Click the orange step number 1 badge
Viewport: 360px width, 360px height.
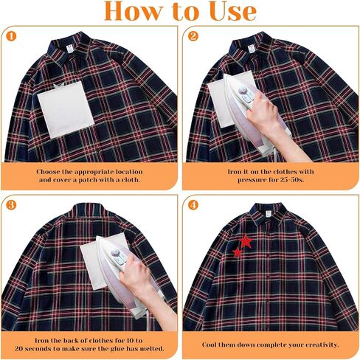(11, 37)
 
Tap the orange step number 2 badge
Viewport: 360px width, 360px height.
(193, 36)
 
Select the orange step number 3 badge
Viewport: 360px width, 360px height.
(11, 205)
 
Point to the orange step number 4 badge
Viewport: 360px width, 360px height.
(193, 205)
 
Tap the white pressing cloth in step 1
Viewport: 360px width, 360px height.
(66, 110)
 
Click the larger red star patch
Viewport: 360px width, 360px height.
(246, 241)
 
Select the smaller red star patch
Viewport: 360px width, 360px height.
(238, 252)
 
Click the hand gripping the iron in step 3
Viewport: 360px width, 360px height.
(135, 272)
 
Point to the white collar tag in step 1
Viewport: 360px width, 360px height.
(70, 49)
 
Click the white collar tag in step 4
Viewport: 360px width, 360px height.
(268, 214)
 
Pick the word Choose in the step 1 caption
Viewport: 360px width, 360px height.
(47, 172)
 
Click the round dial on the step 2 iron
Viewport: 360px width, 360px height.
(243, 91)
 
